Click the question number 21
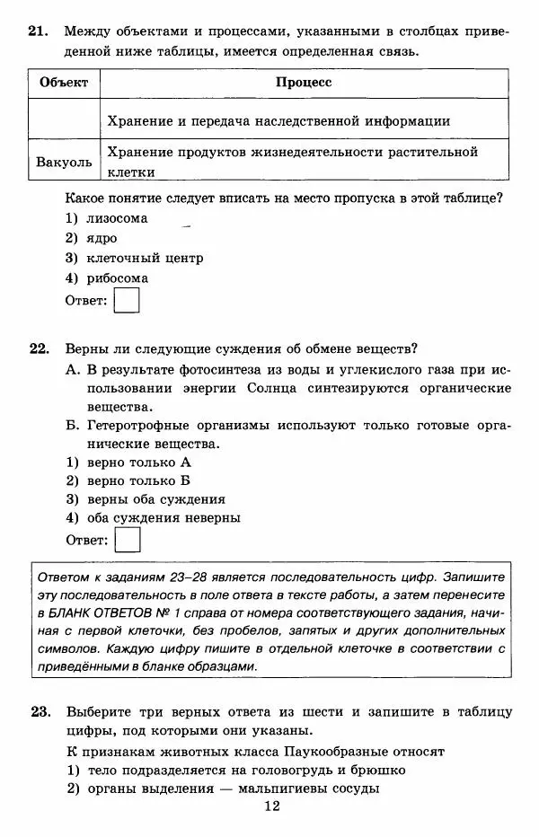37,32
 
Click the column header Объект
64,83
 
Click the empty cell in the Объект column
64,119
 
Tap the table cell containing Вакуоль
64,163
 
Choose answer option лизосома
117,218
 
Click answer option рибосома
118,278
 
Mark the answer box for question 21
128,300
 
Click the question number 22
37,348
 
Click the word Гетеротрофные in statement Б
139,426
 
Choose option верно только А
138,462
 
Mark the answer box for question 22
128,540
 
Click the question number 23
37,712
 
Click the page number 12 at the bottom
272,807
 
